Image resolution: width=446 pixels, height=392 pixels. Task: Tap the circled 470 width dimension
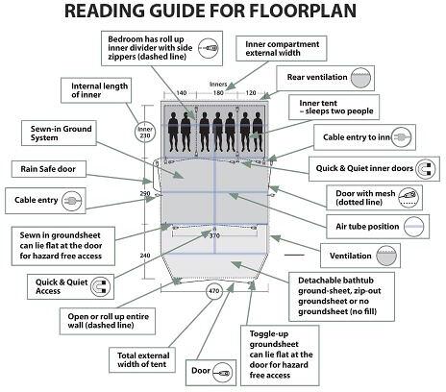coord(214,291)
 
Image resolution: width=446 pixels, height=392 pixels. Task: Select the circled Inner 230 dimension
coord(145,132)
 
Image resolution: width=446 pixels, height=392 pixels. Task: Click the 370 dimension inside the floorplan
coord(214,235)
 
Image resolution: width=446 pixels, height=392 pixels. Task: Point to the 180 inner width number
coord(218,93)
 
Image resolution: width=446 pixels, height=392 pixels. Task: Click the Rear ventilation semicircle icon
coord(360,78)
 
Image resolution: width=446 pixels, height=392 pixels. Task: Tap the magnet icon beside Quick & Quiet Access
coord(101,286)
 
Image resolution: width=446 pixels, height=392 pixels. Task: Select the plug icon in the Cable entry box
coord(72,201)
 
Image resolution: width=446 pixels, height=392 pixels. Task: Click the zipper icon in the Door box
coord(223,373)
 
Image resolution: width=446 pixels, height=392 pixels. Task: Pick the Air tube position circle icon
coord(414,227)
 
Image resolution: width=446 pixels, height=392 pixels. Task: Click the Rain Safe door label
coord(48,169)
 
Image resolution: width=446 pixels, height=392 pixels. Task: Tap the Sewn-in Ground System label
coord(61,134)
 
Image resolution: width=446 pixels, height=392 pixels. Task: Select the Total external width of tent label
coord(143,360)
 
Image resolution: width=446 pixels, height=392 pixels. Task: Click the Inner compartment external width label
coord(282,49)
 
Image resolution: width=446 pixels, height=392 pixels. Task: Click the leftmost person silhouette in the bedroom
coord(173,132)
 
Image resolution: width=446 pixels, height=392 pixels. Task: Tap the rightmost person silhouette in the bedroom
coord(258,132)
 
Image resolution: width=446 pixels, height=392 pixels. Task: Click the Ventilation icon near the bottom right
coord(386,256)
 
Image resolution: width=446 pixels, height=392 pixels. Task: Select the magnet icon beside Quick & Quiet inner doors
coord(426,169)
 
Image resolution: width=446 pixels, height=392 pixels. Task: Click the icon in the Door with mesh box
coord(409,197)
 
